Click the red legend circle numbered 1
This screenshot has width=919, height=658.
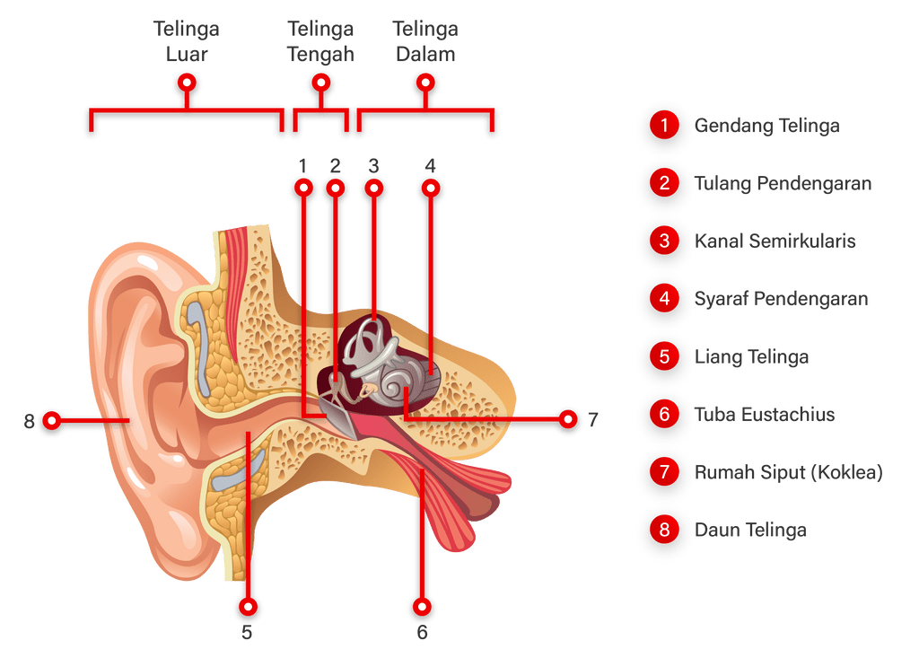pyautogui.click(x=664, y=125)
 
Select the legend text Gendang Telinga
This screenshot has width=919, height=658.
pyautogui.click(x=766, y=126)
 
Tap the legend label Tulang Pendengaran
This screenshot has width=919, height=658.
pyautogui.click(x=783, y=184)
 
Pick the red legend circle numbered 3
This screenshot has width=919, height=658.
pyautogui.click(x=664, y=241)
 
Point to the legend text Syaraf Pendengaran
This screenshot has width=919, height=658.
pyautogui.click(x=781, y=298)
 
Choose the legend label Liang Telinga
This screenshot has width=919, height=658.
pyautogui.click(x=752, y=357)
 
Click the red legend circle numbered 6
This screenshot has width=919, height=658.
pyautogui.click(x=664, y=414)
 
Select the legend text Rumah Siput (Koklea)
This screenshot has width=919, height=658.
pyautogui.click(x=789, y=472)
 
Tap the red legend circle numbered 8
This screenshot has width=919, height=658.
pyautogui.click(x=664, y=529)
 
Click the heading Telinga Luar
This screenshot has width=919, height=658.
pyautogui.click(x=187, y=41)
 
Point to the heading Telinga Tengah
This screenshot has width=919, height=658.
pyautogui.click(x=320, y=41)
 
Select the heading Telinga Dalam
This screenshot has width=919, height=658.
pyautogui.click(x=424, y=41)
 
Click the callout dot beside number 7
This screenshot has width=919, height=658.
pyautogui.click(x=567, y=418)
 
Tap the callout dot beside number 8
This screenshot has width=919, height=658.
pyautogui.click(x=53, y=419)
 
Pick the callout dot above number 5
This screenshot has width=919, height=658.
pyautogui.click(x=248, y=608)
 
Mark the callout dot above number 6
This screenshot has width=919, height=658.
pyautogui.click(x=422, y=608)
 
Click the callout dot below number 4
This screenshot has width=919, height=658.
pyautogui.click(x=431, y=189)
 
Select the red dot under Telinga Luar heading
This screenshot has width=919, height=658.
pyautogui.click(x=187, y=83)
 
